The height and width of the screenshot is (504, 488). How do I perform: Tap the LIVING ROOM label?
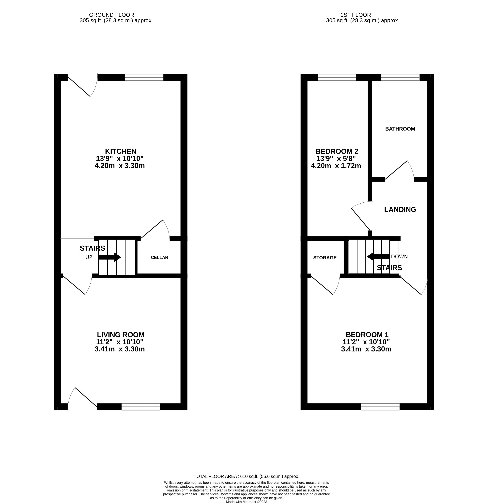coord(120,335)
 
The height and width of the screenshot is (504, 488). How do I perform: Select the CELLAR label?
coord(159,257)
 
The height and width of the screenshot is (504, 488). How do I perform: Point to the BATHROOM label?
coord(400,129)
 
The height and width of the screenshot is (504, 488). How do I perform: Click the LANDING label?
coord(400,210)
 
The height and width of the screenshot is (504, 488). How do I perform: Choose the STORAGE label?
coord(325,258)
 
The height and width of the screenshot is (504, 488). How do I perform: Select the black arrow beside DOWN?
coord(378,256)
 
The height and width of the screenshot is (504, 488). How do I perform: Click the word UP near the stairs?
coord(89,257)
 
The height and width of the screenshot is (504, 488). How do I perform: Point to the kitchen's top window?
coord(144,77)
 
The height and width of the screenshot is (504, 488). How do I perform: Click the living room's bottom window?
coord(141,407)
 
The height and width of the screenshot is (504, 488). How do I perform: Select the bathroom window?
coord(400,77)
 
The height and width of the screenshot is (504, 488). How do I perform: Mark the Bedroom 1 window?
coord(380,407)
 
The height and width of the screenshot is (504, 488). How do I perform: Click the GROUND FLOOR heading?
coord(111,15)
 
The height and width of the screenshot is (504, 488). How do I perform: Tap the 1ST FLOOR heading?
coord(356,15)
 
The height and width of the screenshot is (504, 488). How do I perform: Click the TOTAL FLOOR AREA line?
coord(247,476)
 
